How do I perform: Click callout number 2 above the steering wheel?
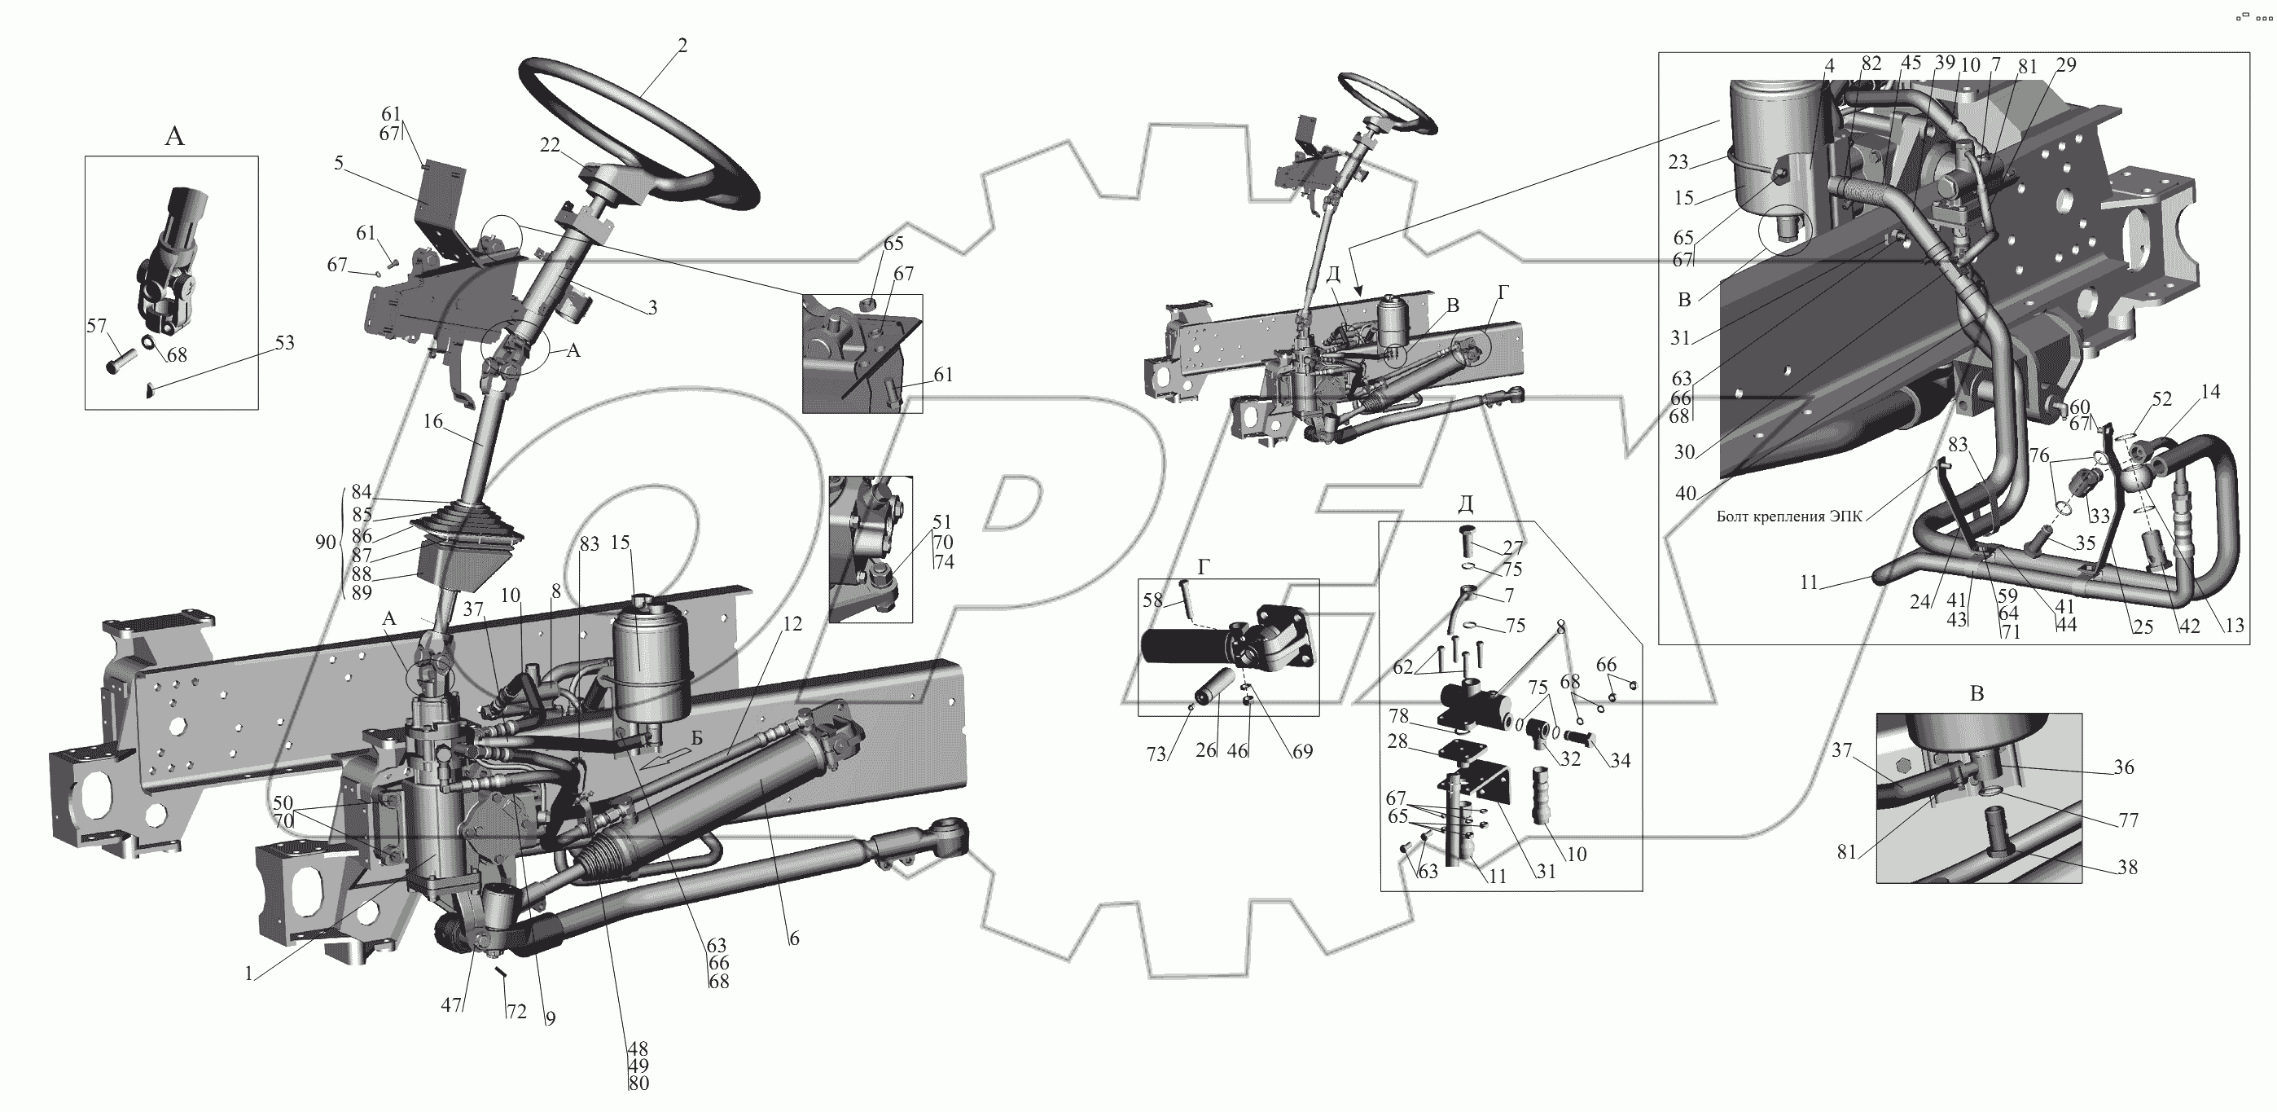(682, 46)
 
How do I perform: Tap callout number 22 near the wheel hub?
(550, 145)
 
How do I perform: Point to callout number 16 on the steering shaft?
(432, 422)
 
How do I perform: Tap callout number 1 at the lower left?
(249, 974)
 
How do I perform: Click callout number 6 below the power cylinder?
(794, 938)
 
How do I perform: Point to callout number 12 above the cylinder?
(792, 624)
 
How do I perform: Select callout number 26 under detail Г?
(1205, 751)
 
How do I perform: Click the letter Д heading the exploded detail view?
(1465, 503)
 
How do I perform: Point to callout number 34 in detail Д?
(1619, 759)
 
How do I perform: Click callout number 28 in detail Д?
(1397, 741)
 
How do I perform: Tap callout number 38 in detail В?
(2126, 867)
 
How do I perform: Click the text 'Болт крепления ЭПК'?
(1790, 517)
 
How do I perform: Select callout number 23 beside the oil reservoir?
(1678, 162)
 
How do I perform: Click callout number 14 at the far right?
(2210, 392)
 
